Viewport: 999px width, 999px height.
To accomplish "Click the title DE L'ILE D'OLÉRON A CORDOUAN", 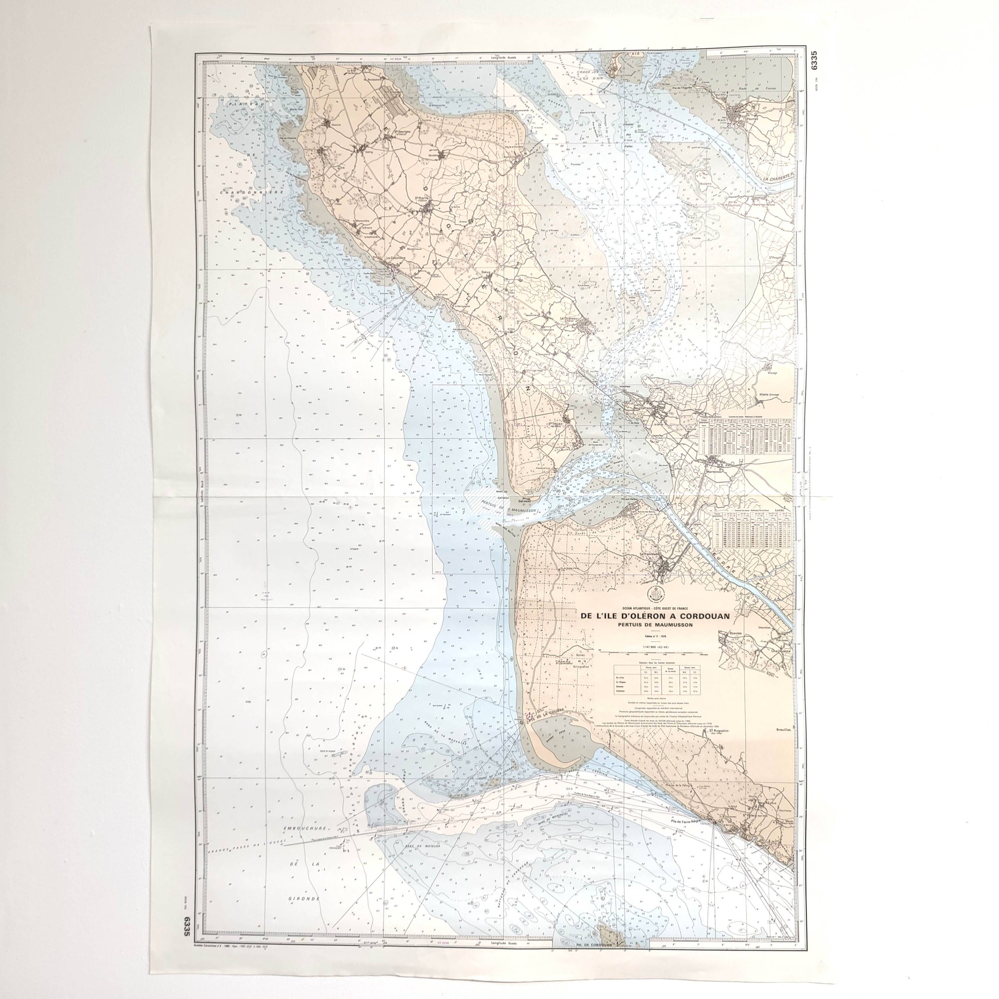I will pyautogui.click(x=655, y=616).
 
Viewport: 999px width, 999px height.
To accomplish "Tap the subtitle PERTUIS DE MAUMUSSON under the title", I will pyautogui.click(x=655, y=624).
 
